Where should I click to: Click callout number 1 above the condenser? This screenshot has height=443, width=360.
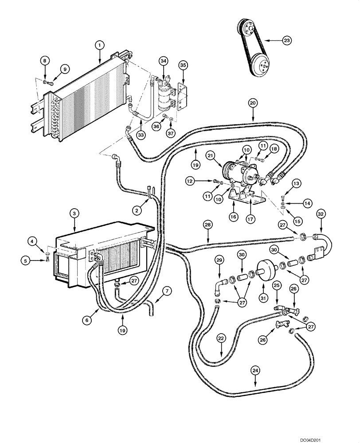tap(100, 45)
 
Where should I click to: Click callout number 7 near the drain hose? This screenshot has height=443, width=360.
tap(166, 291)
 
